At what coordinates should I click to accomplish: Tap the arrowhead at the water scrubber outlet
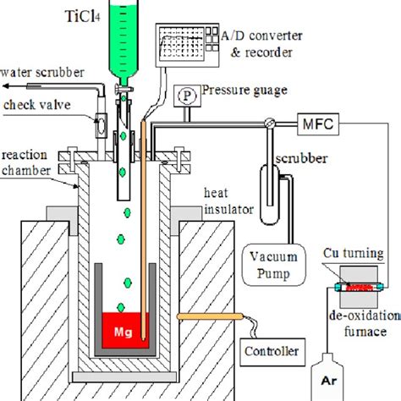(5, 85)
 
